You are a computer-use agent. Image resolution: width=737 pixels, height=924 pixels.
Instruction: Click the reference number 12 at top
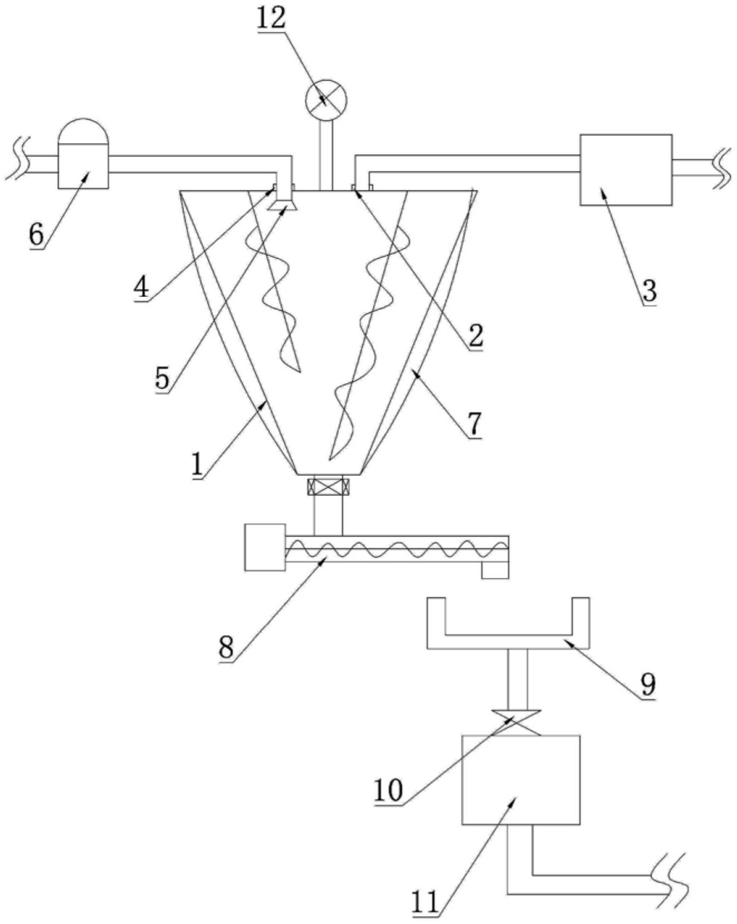pos(271,18)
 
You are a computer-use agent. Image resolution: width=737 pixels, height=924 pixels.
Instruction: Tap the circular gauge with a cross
pos(326,101)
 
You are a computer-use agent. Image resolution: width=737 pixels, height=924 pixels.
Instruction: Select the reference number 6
pos(36,234)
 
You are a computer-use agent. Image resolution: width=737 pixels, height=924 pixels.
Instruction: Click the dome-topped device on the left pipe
pos(84,154)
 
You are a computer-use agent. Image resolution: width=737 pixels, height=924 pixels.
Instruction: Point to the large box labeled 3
pos(626,170)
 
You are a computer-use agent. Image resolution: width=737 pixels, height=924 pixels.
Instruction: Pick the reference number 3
pos(649,291)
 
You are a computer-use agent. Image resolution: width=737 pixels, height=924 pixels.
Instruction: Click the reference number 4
pos(141,287)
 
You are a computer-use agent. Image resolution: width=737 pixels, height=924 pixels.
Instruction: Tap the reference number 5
pos(162,379)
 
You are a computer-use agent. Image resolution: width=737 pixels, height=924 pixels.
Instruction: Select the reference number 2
pos(475,335)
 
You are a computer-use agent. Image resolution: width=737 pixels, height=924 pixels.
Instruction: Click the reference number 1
pos(197,465)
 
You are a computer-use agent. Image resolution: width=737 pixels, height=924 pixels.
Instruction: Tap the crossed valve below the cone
pos(329,487)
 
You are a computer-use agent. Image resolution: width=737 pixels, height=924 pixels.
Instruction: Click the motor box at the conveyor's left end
pos(265,547)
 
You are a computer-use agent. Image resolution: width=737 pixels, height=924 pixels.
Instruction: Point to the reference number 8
pos(226,647)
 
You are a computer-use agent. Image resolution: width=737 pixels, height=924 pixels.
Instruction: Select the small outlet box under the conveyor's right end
pos(495,571)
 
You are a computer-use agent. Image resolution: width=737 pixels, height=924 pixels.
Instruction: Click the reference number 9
pos(648,684)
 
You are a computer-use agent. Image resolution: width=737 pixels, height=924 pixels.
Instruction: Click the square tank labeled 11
pos(521,780)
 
